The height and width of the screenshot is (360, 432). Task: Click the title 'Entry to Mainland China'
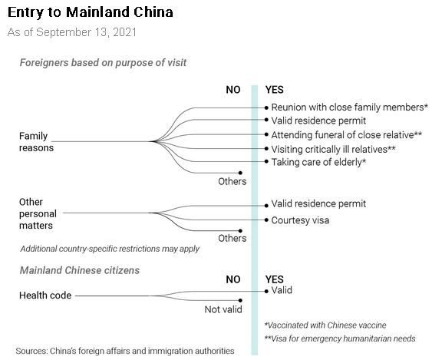[91, 13]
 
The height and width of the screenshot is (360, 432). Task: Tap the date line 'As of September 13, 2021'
[72, 32]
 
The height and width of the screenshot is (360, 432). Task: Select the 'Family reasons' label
[36, 142]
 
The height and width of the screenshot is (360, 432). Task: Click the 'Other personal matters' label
[38, 213]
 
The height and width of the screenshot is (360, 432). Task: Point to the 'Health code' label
[45, 296]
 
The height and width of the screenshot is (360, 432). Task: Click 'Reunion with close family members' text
[348, 107]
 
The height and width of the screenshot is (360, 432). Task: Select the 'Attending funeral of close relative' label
[342, 135]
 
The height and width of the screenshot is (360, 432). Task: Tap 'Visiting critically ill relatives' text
[329, 149]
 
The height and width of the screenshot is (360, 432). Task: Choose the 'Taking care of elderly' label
[316, 162]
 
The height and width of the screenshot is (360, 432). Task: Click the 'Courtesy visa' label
[300, 220]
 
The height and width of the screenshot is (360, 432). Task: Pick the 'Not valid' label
[223, 309]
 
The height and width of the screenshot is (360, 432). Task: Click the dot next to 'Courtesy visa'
[266, 220]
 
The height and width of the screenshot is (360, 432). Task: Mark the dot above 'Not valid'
[240, 300]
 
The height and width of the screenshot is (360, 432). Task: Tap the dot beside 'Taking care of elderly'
[266, 161]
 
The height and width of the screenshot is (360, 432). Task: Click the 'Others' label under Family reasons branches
[232, 181]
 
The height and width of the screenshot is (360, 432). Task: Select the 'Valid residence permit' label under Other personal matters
[318, 203]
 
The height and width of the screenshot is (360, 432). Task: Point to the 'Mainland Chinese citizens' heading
[80, 270]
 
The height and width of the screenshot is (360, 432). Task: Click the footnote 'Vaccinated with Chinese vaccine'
[325, 325]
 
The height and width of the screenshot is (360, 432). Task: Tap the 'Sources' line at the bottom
[125, 351]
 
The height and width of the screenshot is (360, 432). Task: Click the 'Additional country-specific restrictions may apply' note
[110, 249]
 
